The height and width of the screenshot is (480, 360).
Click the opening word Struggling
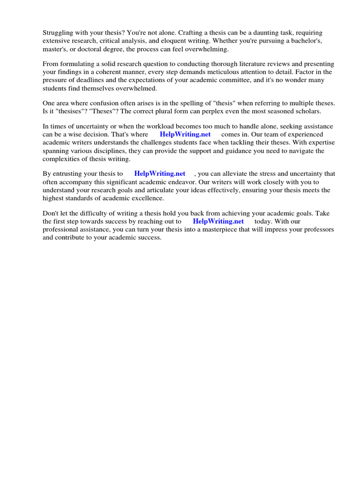point(58,33)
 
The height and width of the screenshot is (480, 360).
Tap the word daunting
point(272,33)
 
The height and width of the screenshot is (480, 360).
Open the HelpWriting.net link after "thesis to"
point(160,174)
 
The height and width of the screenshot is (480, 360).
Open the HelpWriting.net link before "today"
point(218,222)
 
